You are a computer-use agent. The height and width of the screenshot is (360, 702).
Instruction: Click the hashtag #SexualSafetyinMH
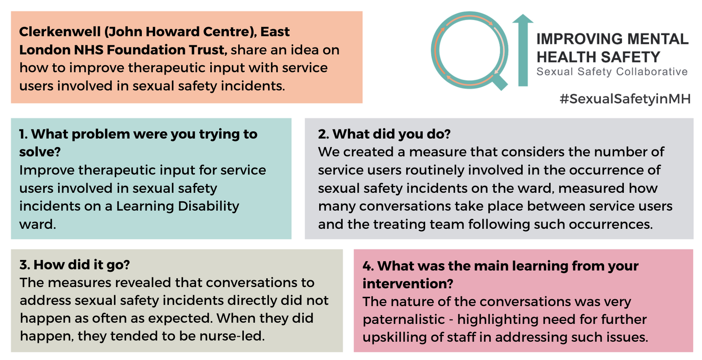tap(625, 99)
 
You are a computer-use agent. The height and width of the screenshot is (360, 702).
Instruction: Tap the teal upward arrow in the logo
tap(523, 50)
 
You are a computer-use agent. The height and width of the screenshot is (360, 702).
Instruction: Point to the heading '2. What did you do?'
tap(384, 134)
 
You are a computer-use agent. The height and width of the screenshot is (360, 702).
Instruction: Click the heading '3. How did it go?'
tap(75, 264)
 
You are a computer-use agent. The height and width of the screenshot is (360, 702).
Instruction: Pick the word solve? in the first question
tap(40, 152)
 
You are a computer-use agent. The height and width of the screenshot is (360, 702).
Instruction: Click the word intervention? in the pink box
tap(408, 283)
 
